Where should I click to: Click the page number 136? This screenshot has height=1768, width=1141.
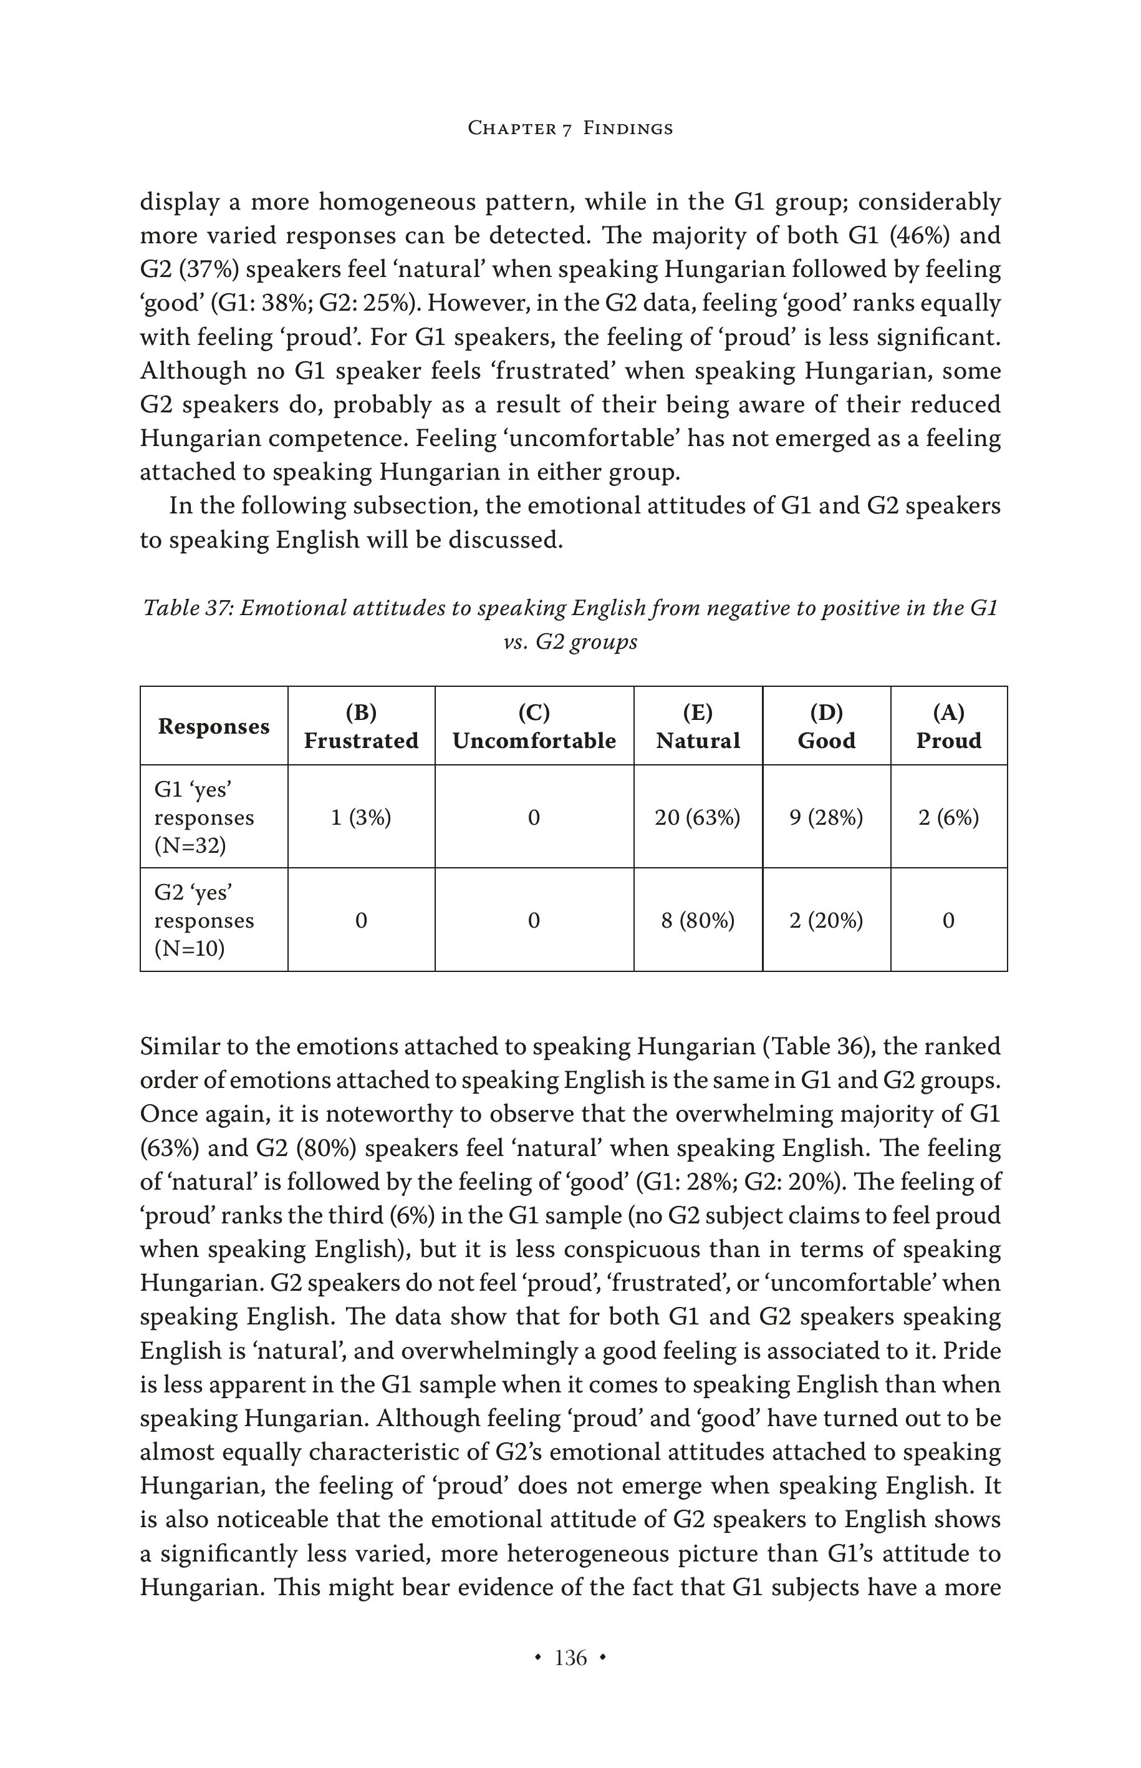coord(570,1658)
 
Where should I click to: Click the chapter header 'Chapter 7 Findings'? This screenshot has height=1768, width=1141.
coord(570,129)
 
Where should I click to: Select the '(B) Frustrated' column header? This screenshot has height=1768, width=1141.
coord(362,726)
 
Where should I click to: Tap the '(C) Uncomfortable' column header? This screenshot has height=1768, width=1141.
coord(534,726)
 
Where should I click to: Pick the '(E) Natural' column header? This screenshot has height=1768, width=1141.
coord(698,726)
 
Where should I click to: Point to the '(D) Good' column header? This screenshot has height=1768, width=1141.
coord(826,726)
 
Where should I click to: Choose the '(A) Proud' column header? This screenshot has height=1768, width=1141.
coord(948,726)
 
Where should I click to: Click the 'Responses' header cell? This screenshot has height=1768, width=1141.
coord(213,726)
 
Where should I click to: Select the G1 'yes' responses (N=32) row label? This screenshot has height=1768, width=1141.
coord(205,818)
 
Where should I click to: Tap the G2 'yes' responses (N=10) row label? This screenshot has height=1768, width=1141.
coord(205,921)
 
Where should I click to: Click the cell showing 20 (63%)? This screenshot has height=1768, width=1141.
coord(698,818)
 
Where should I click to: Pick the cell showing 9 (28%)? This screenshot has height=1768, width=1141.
coord(826,818)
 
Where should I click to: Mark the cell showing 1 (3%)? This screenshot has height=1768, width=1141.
coord(362,818)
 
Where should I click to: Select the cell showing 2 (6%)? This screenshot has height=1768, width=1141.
coord(948,818)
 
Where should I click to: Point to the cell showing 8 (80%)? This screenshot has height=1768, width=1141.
coord(698,921)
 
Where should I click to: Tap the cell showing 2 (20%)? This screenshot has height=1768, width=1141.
coord(826,921)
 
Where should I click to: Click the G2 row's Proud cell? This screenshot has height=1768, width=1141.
coord(948,921)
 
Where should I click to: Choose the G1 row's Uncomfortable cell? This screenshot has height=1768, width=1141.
coord(534,818)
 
